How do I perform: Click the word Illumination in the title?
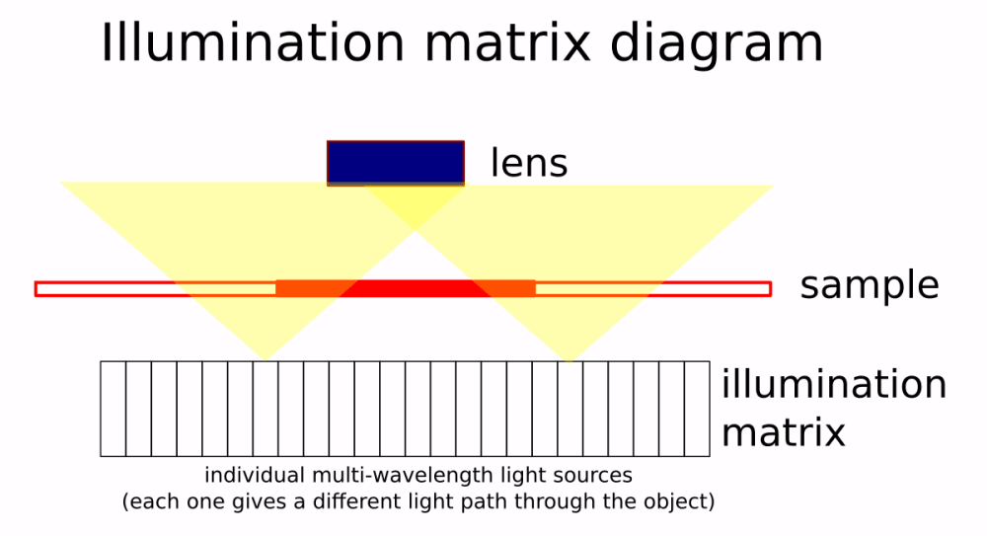pyautogui.click(x=253, y=43)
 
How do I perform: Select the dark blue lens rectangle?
pyautogui.click(x=395, y=163)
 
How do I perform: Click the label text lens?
pyautogui.click(x=529, y=164)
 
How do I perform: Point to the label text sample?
pyautogui.click(x=869, y=287)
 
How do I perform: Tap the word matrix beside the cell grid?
pyautogui.click(x=783, y=431)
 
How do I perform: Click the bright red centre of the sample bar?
pyautogui.click(x=405, y=288)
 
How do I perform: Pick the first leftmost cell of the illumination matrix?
pyautogui.click(x=114, y=409)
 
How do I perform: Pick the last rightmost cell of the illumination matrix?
pyautogui.click(x=697, y=409)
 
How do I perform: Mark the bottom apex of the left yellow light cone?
pyautogui.click(x=265, y=357)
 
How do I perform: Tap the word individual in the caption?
pyautogui.click(x=249, y=475)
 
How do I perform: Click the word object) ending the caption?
pyautogui.click(x=680, y=501)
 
